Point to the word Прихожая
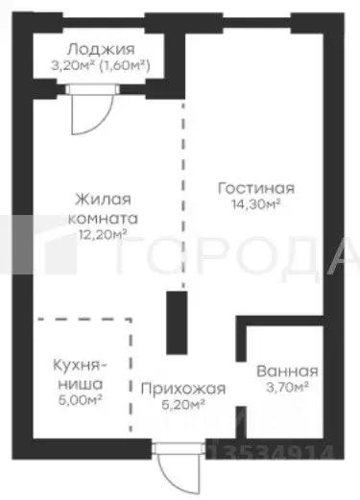coord(182,389)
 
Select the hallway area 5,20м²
coord(182,405)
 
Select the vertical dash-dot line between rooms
coord(181,192)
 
